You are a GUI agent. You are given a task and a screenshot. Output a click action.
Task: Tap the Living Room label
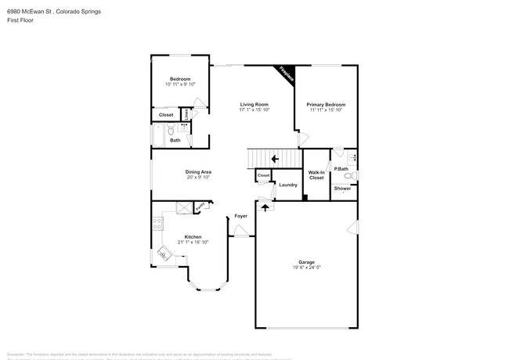254,104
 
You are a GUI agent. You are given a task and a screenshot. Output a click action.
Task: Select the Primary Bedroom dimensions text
326,110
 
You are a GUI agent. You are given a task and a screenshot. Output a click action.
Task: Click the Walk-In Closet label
316,175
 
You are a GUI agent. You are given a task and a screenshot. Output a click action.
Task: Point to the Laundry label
288,185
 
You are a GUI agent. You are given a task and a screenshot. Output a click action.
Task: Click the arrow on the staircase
273,159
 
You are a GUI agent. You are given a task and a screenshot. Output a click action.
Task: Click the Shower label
343,188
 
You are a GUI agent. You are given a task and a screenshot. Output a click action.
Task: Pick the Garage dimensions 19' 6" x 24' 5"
306,268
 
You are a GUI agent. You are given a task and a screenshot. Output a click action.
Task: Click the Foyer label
240,215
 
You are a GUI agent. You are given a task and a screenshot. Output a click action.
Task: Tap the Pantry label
200,206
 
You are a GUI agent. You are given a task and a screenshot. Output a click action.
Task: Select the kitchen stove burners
157,222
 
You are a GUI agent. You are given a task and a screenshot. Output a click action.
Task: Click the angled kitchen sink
164,252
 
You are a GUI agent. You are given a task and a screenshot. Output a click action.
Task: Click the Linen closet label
186,116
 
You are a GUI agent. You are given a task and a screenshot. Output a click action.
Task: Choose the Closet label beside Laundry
263,175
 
